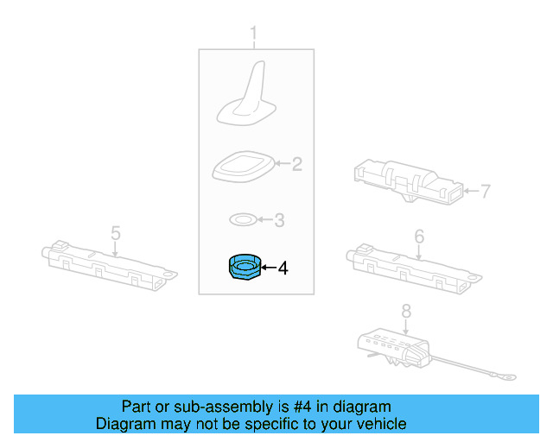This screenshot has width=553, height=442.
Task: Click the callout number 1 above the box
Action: tap(253, 35)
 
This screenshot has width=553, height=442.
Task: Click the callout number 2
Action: tap(297, 164)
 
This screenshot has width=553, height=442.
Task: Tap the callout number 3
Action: tap(279, 220)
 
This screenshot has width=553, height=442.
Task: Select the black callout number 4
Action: tap(283, 268)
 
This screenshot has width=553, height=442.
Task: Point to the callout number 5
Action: tap(116, 233)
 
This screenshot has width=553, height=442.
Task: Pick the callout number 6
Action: tap(419, 237)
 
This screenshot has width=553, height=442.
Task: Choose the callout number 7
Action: tap(486, 192)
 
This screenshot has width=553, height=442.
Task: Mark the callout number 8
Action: tap(406, 312)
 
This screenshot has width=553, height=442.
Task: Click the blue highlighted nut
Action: tap(245, 267)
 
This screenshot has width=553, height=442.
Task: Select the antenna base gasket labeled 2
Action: tap(244, 167)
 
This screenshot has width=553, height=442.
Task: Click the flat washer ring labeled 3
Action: tap(243, 219)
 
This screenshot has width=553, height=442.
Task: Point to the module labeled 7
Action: tap(409, 182)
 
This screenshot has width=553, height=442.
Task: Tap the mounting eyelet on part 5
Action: tap(170, 274)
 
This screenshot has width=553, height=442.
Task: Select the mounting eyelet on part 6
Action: tap(474, 277)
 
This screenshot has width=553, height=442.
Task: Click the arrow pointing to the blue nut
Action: tap(269, 268)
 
